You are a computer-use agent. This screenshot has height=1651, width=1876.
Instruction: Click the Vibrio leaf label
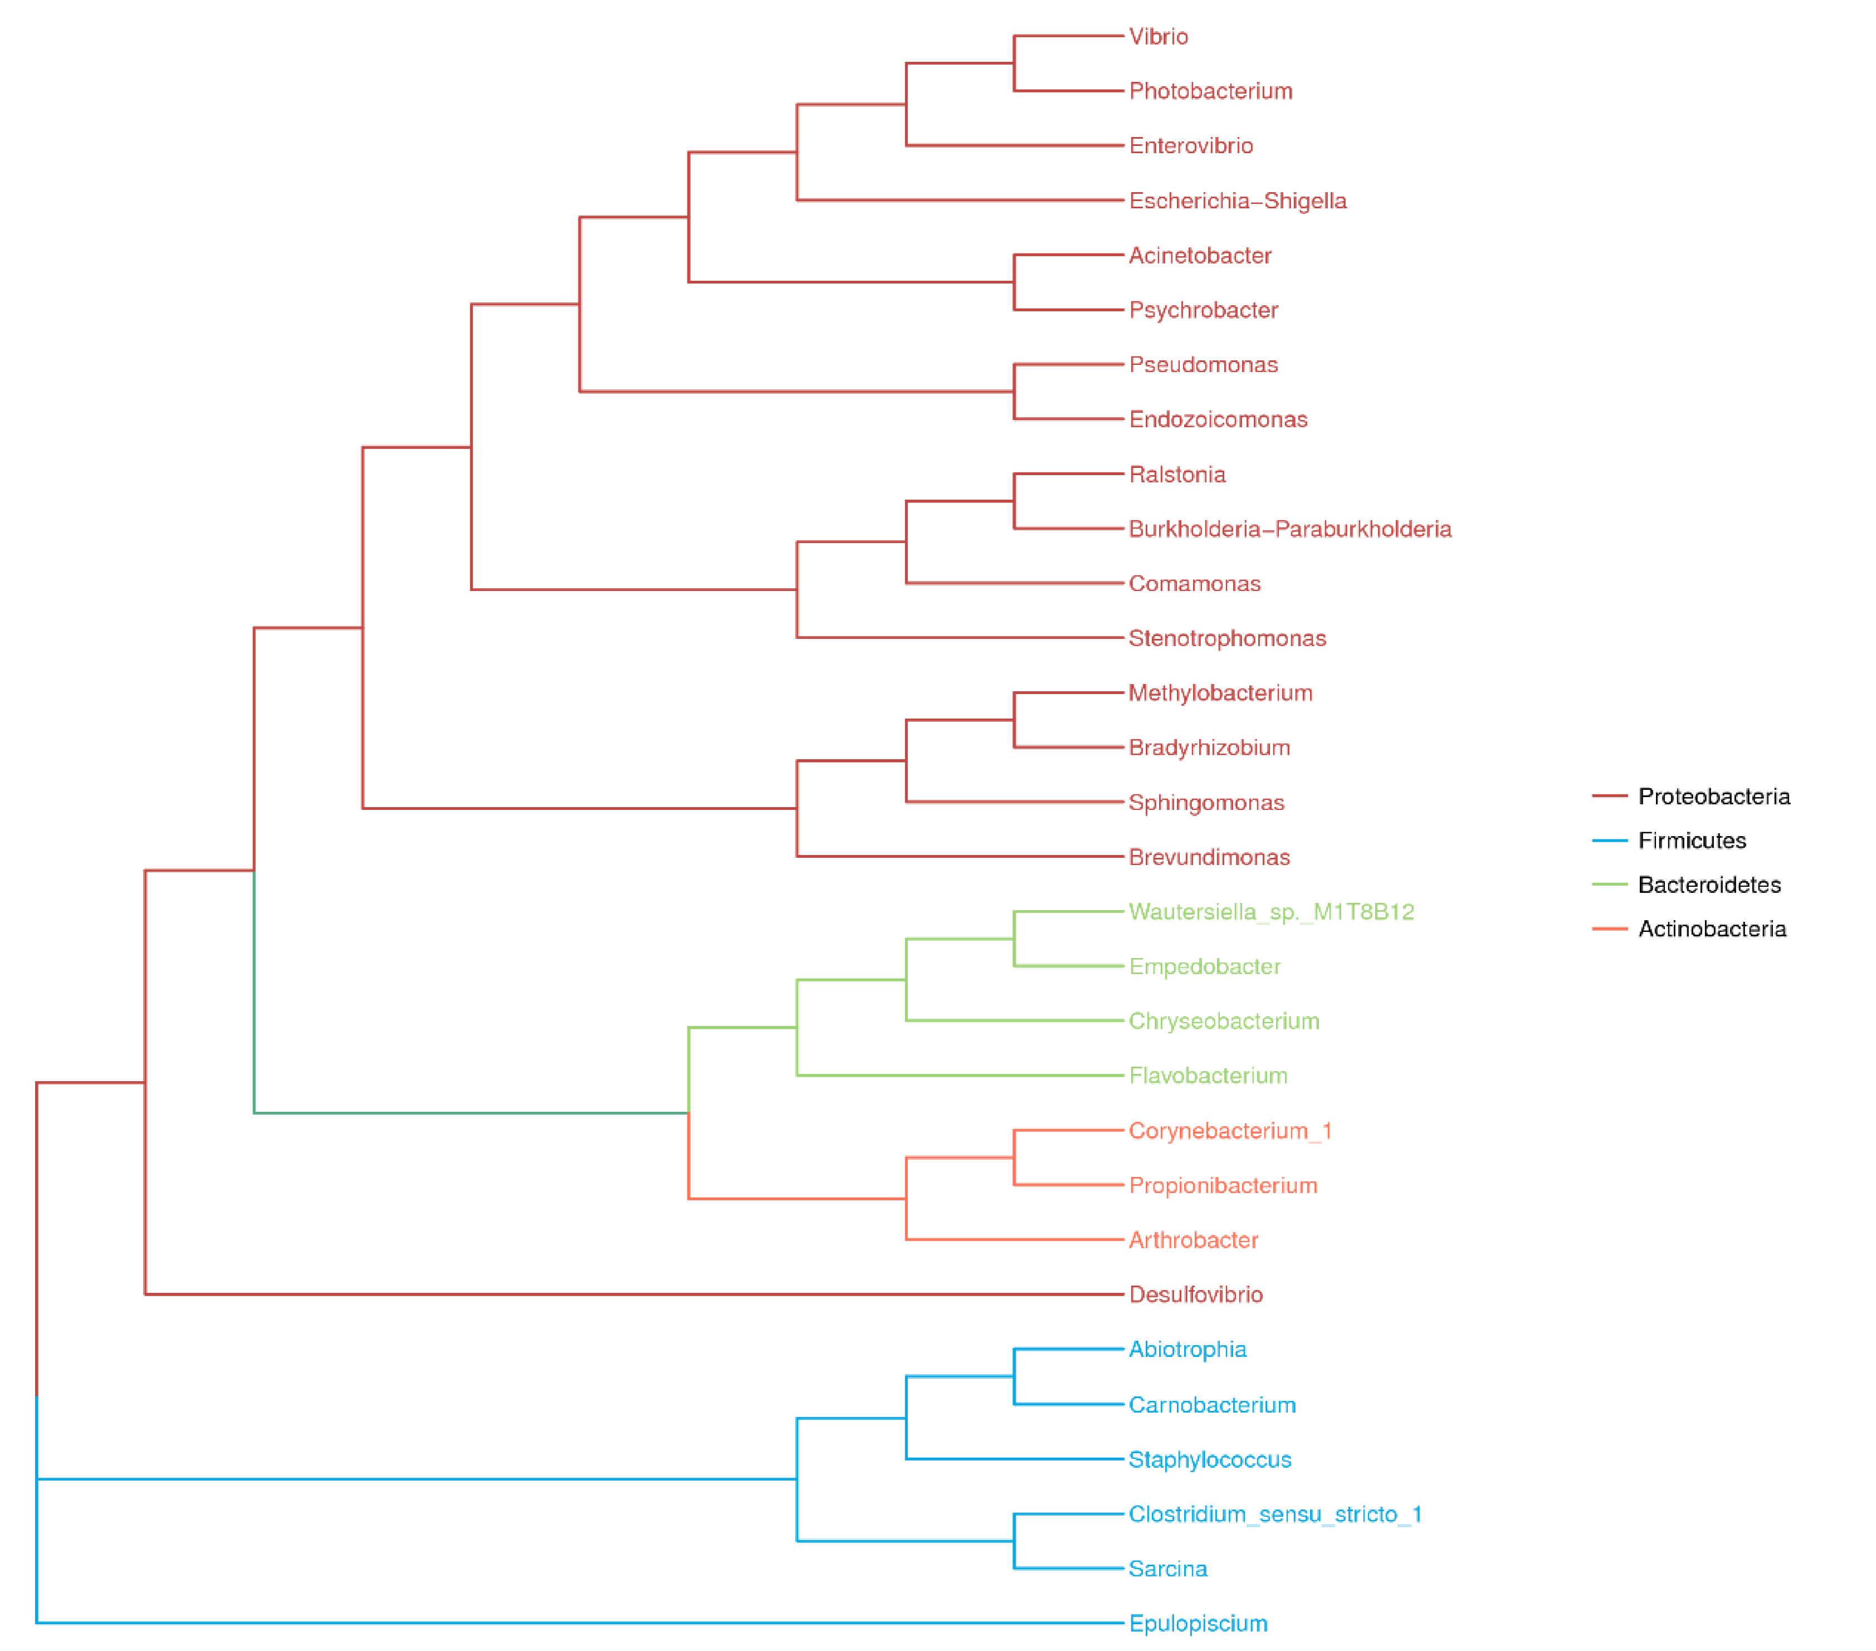[1157, 37]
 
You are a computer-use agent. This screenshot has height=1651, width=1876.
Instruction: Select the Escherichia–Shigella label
[1237, 201]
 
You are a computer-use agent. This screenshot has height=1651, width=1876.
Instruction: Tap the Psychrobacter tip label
[1203, 310]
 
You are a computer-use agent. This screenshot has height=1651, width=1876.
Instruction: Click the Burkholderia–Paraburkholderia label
[1289, 530]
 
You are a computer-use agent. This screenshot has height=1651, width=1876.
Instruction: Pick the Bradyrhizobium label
[1209, 748]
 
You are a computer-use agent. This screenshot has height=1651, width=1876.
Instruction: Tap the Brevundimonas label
[1209, 857]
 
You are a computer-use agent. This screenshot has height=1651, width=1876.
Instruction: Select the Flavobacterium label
[1208, 1076]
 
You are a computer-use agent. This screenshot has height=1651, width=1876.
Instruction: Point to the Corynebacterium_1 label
[1230, 1131]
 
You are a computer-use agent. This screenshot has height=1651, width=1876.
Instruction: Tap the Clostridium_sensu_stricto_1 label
[1275, 1515]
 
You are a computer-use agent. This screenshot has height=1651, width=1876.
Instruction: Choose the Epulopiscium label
[1198, 1624]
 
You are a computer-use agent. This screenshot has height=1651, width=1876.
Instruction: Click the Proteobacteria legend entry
[1713, 797]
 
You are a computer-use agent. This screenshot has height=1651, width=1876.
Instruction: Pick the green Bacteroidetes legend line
[1609, 885]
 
